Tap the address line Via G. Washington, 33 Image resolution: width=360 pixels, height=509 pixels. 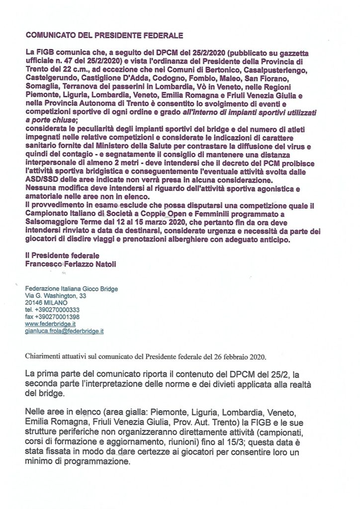(56, 295)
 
